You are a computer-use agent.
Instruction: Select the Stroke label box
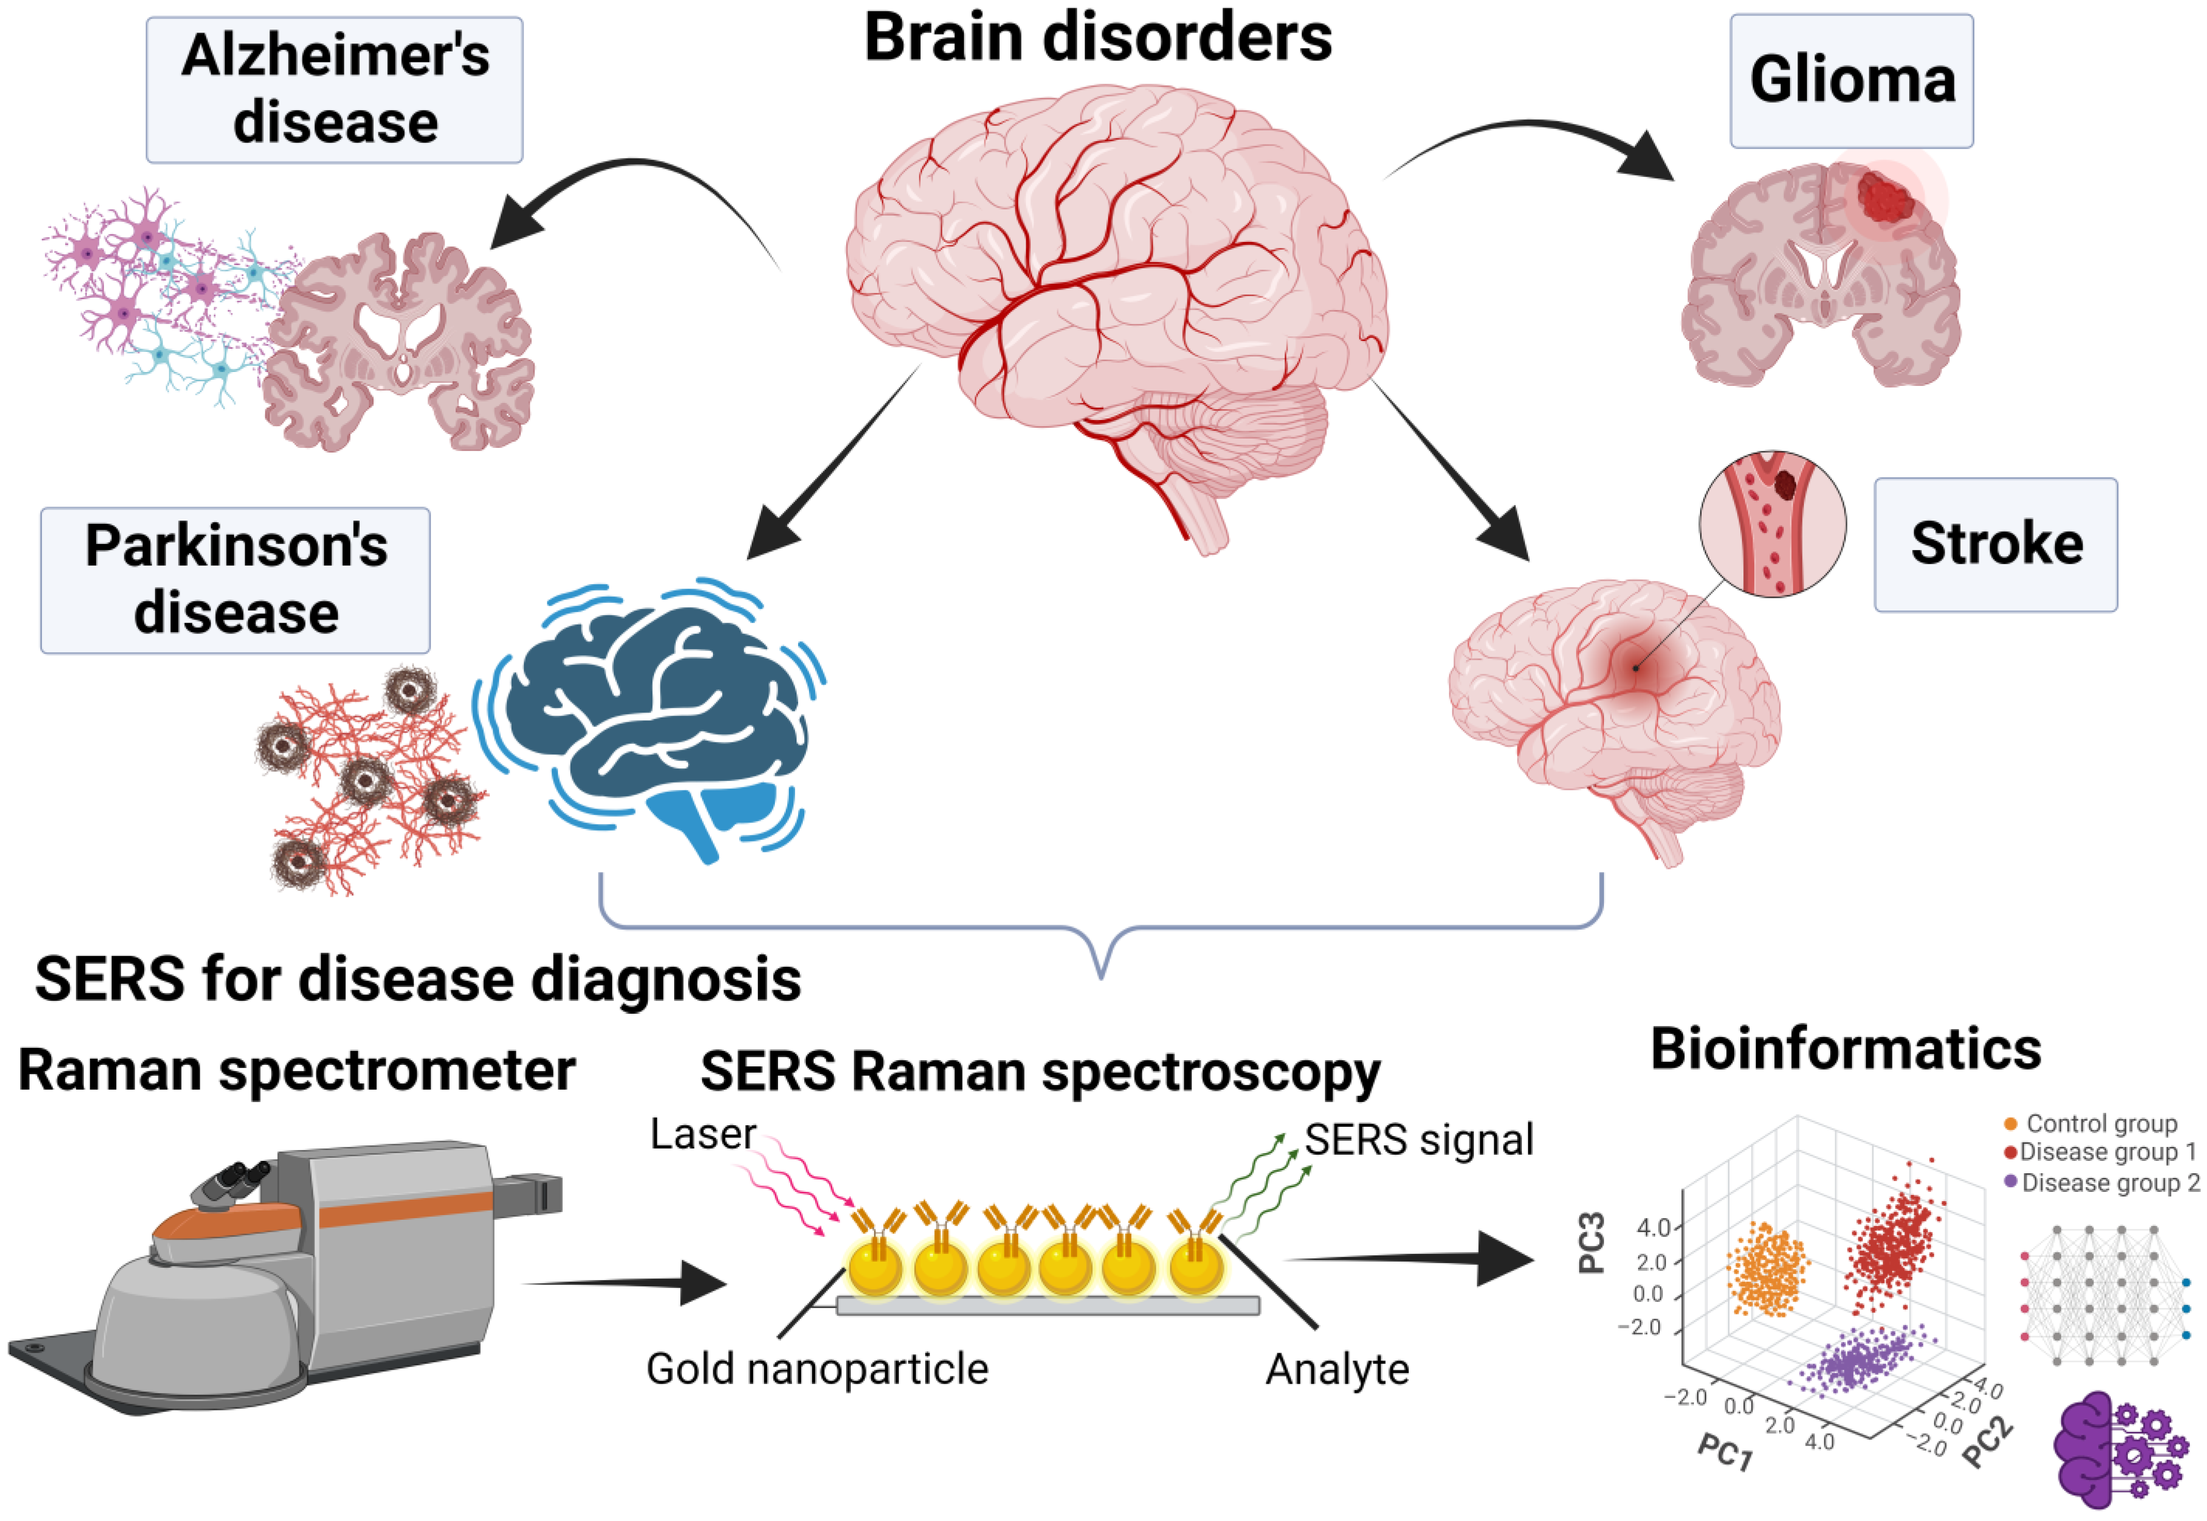click(1995, 544)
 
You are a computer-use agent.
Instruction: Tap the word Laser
click(703, 1134)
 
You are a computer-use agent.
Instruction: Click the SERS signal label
click(1419, 1140)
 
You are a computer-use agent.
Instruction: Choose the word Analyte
click(1337, 1369)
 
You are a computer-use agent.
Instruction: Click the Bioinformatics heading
click(1846, 1049)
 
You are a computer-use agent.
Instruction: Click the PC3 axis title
click(1592, 1243)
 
